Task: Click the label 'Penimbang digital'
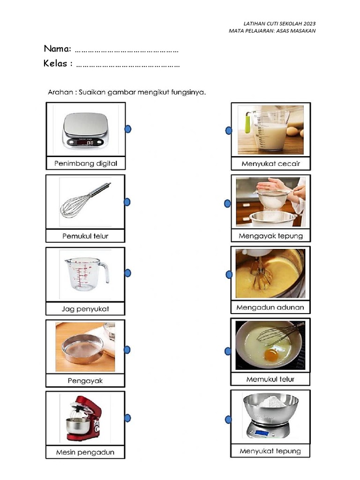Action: (x=85, y=164)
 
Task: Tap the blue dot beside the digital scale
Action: (x=127, y=129)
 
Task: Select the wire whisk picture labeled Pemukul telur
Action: (x=85, y=200)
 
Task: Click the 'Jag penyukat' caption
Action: (x=85, y=309)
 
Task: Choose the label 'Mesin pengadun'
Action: (x=85, y=452)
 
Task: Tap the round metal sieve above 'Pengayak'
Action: (x=82, y=348)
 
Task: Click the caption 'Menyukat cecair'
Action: (x=270, y=164)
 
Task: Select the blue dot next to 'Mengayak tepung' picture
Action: (x=227, y=203)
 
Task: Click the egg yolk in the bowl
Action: (x=271, y=354)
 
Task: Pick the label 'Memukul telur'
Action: (x=270, y=379)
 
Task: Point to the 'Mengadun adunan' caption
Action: (x=270, y=307)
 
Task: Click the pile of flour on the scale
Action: (x=270, y=401)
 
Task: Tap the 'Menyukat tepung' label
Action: (x=270, y=451)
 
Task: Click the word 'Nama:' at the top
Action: (x=57, y=49)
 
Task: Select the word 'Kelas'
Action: (x=56, y=64)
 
